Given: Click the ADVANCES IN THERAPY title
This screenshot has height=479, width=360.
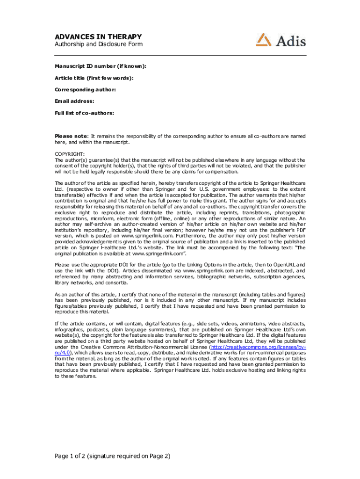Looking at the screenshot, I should tap(98, 37).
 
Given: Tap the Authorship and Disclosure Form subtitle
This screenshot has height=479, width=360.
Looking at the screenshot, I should tap(99, 44).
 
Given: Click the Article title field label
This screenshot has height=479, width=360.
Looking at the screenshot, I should tap(94, 78).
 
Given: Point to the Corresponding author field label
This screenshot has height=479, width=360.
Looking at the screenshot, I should tap(86, 89).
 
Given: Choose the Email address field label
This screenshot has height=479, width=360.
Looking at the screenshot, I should tap(75, 101).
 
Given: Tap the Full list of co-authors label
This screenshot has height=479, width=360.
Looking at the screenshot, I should tap(85, 113).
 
